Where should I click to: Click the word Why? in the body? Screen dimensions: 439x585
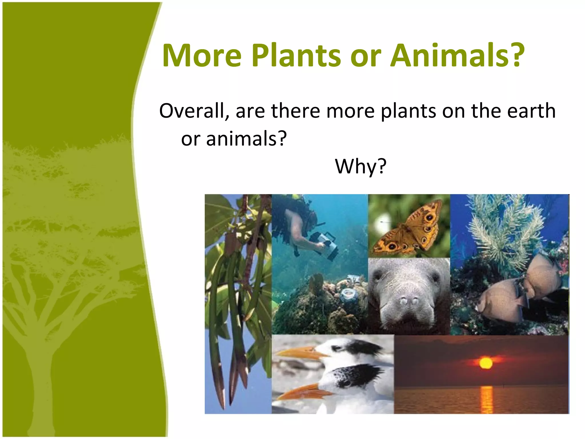point(360,166)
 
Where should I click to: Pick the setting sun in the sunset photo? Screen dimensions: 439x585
point(486,363)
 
